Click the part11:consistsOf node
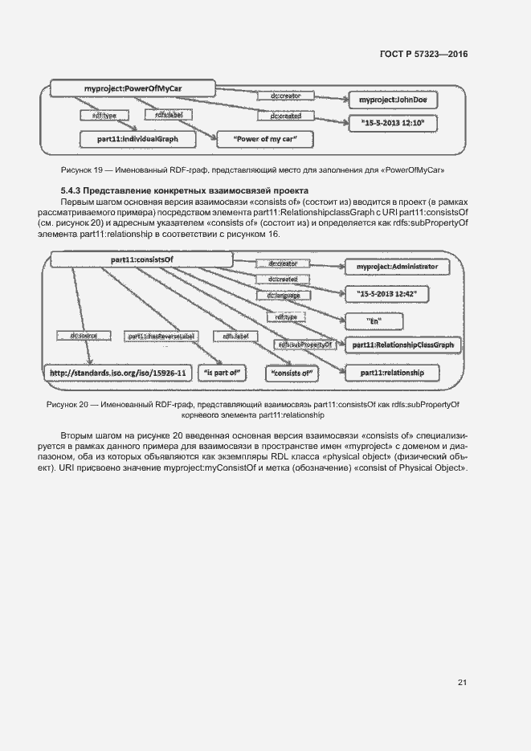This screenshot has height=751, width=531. pos(141,259)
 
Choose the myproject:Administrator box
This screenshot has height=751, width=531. pos(397,266)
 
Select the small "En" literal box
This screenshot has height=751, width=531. pos(374,320)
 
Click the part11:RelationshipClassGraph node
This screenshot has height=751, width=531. pos(399,345)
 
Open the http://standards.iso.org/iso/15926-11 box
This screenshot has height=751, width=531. pos(117,373)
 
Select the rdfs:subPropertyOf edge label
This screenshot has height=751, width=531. pos(305,345)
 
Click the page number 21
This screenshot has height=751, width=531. pos(462,683)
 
